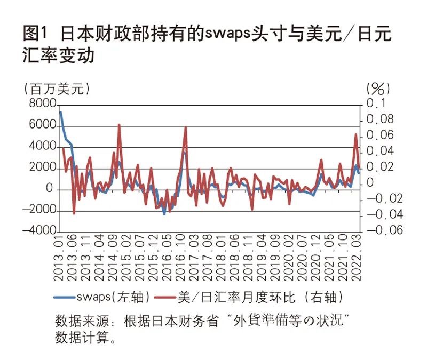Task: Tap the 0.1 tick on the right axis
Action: pos(377,103)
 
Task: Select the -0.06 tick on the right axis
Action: pos(382,232)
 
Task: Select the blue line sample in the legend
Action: pos(65,297)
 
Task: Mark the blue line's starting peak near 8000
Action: pos(60,112)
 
